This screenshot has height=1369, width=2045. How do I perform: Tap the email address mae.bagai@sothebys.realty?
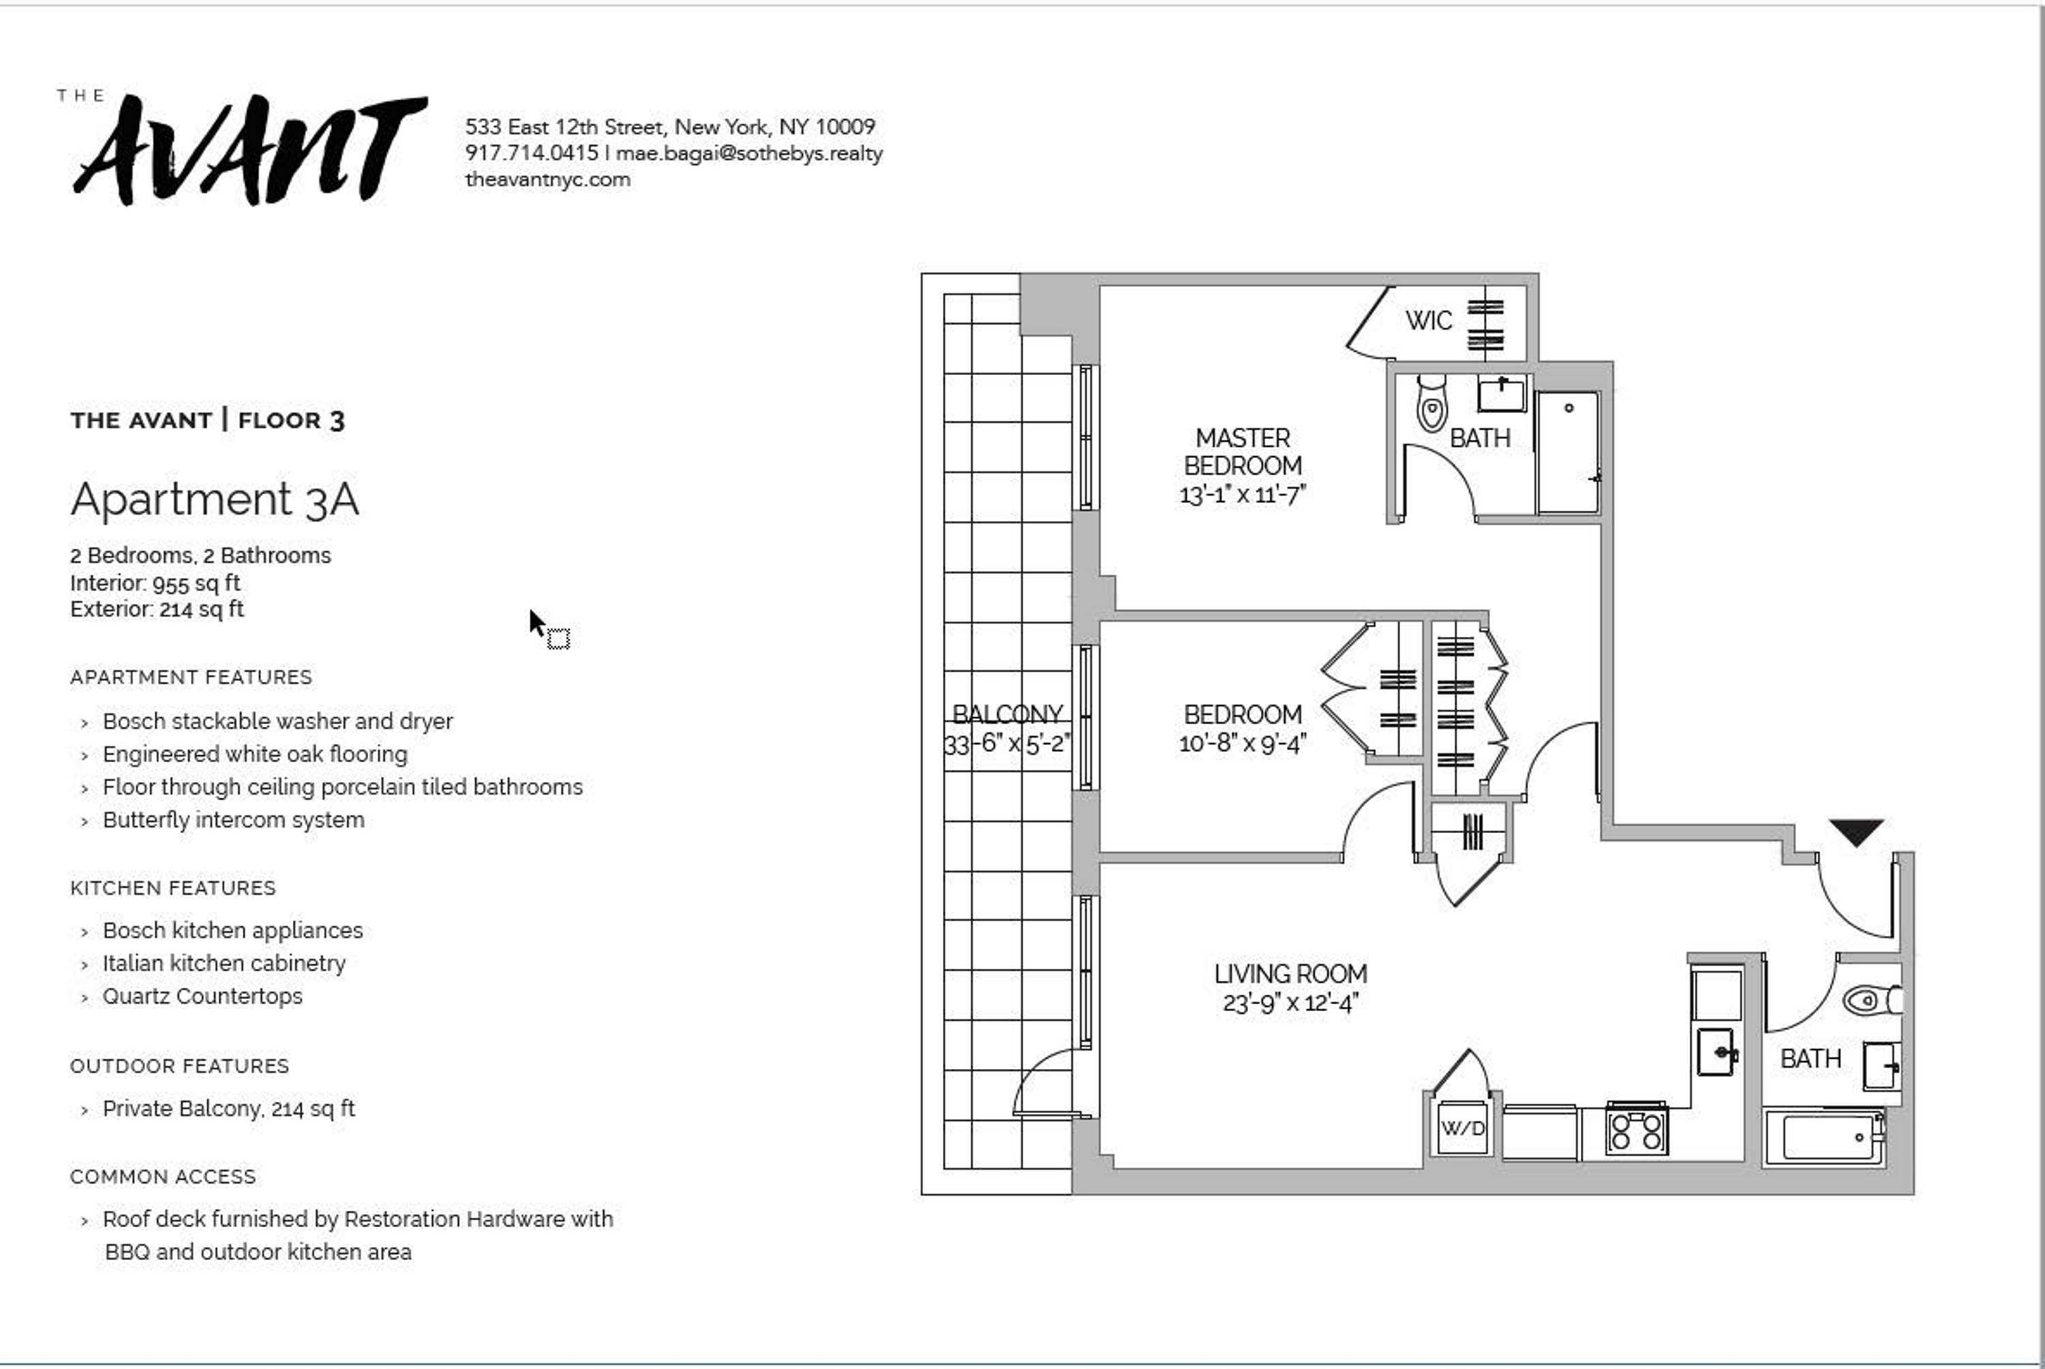click(749, 153)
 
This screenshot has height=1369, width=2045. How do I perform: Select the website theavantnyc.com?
click(547, 180)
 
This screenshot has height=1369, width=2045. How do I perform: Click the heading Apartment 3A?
click(215, 500)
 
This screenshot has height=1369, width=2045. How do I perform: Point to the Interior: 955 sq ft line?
click(155, 583)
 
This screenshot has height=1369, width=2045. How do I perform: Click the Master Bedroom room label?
click(1242, 451)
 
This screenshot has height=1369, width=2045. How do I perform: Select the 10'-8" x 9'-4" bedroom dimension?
click(1242, 744)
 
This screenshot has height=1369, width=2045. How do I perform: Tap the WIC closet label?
click(1428, 321)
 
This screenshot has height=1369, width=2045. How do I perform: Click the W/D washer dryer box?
click(1462, 1128)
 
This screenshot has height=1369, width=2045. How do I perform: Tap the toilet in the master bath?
click(1431, 404)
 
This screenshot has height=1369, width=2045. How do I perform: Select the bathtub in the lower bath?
click(1827, 1137)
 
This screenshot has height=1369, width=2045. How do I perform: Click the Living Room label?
click(1290, 974)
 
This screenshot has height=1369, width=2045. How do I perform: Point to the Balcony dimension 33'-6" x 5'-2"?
click(1006, 744)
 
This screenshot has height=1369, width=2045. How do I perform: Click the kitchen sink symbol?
click(1716, 1052)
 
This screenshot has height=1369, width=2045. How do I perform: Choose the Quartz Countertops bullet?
click(202, 996)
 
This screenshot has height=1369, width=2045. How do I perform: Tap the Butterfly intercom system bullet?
click(233, 819)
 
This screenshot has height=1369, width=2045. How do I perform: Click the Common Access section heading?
click(163, 1177)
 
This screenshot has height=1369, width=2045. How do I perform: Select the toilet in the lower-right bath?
click(1871, 999)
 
